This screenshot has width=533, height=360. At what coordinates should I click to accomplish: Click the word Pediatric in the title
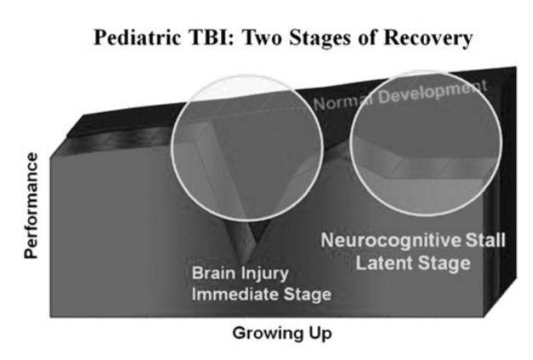pyautogui.click(x=137, y=37)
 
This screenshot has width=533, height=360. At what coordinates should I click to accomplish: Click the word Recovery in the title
pyautogui.click(x=428, y=38)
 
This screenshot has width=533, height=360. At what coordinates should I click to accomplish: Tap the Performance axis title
pyautogui.click(x=31, y=206)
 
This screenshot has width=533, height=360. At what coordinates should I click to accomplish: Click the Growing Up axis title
pyautogui.click(x=282, y=334)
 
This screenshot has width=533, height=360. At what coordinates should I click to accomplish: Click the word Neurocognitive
pyautogui.click(x=391, y=241)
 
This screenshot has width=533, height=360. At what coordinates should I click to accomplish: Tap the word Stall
pyautogui.click(x=485, y=240)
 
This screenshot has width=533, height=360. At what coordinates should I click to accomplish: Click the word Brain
pyautogui.click(x=213, y=273)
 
